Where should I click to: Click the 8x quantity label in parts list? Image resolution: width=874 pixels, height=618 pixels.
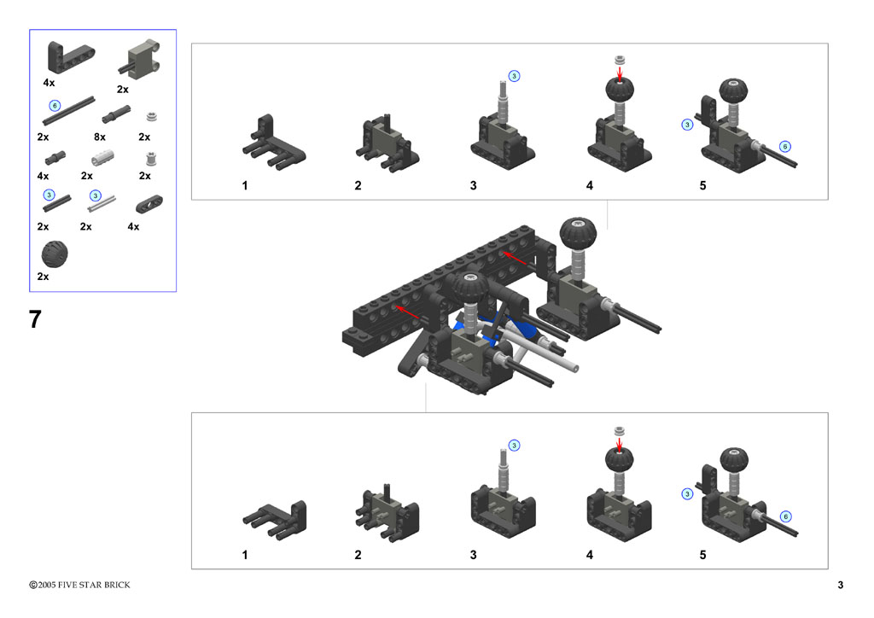100,137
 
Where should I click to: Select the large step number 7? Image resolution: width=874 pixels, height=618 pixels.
35,320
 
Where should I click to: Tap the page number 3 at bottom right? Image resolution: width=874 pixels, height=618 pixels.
841,585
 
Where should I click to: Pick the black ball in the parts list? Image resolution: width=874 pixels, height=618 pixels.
55,254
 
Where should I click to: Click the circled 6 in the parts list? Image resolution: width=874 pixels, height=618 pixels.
55,105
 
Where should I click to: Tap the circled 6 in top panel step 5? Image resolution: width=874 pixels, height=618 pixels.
785,146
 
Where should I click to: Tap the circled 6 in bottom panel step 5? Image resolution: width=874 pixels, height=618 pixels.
785,516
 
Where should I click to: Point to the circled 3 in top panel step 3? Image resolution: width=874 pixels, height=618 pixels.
514,76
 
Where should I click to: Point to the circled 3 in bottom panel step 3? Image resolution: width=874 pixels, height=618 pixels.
514,445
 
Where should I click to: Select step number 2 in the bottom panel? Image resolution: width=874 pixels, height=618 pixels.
358,555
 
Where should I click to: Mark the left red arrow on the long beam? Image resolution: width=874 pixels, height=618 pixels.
407,313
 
